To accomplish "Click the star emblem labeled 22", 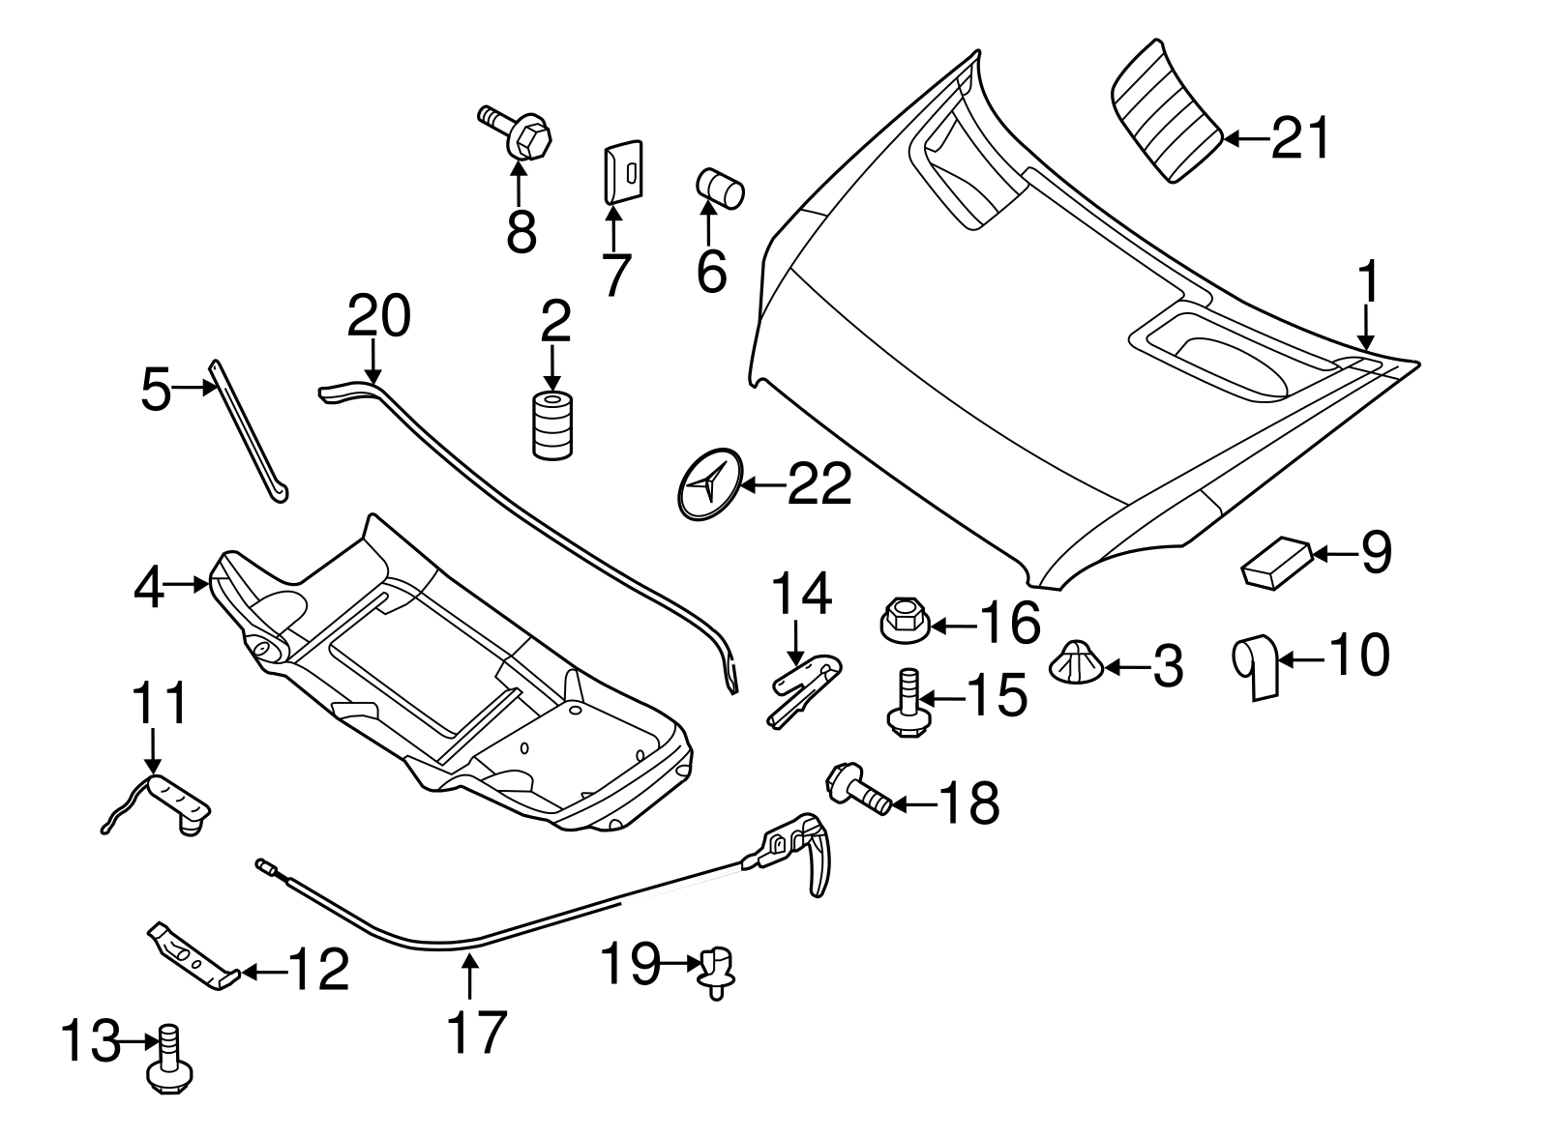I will click(x=707, y=484).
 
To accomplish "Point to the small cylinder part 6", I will click(x=720, y=187).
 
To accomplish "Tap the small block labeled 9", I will click(x=1276, y=562).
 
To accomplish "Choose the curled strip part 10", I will click(x=1258, y=666).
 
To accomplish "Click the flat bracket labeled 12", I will click(x=193, y=956).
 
